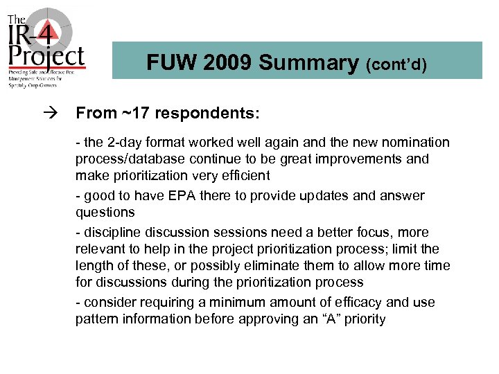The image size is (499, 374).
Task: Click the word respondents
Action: click(193, 112)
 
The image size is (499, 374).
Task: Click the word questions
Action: click(105, 213)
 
